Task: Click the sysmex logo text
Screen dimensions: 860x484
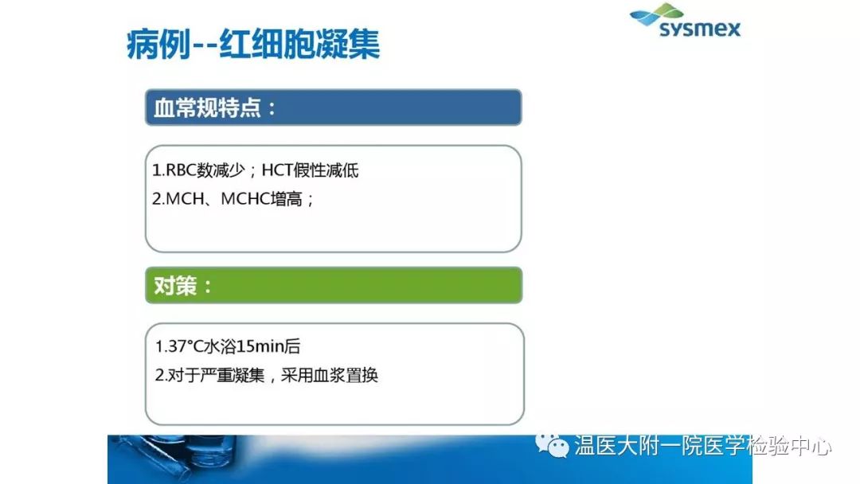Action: pos(700,29)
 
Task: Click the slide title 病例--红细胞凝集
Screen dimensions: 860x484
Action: pos(253,44)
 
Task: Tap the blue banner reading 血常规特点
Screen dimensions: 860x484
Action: pos(334,107)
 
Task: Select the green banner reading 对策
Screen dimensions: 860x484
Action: pos(334,285)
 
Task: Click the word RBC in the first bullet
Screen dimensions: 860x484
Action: pos(181,170)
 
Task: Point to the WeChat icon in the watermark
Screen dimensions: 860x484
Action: pos(552,444)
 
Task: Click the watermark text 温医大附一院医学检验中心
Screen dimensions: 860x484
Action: pos(702,445)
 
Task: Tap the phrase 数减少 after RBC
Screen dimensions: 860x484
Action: pos(221,170)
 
